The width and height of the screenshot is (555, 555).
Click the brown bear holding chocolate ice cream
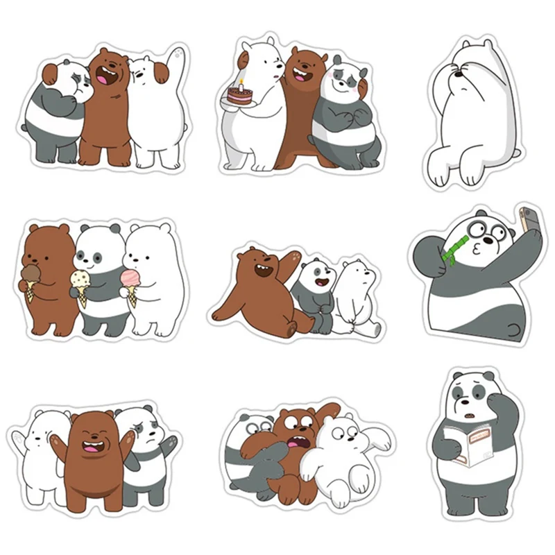click(x=49, y=277)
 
